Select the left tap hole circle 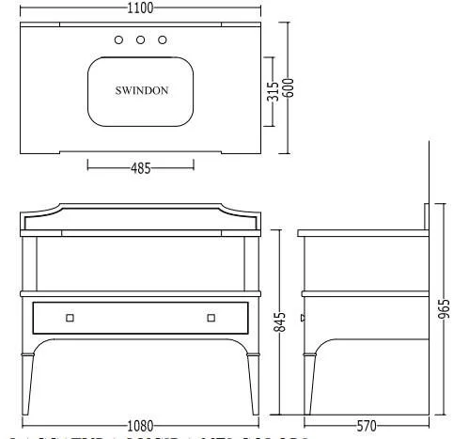click(118, 39)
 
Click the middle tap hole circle click(140, 39)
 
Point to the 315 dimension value click(272, 91)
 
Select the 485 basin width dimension click(140, 169)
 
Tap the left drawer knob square click(70, 318)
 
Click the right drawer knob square click(211, 318)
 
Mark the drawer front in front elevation click(140, 318)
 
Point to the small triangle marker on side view click(301, 319)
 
